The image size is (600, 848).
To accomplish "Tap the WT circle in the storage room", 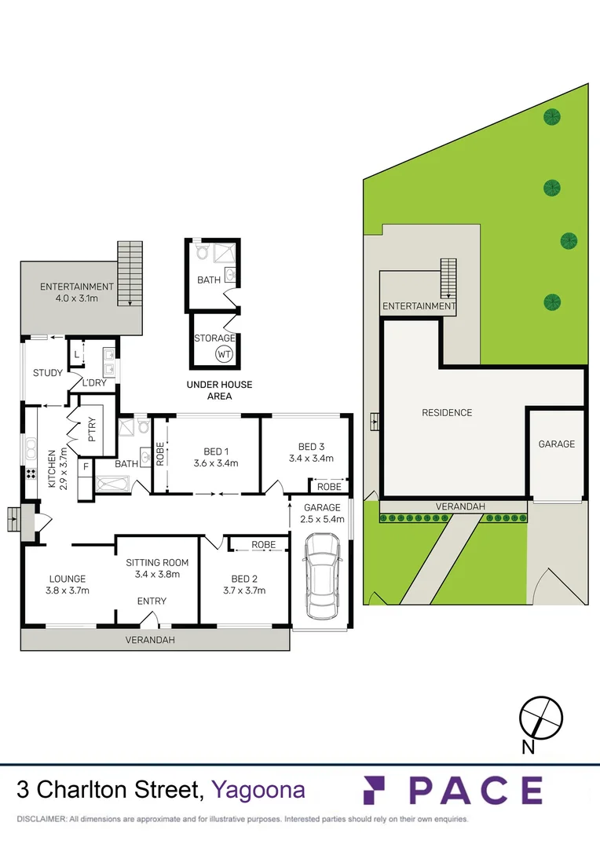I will tap(225, 354).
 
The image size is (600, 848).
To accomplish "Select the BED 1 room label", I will tap(216, 451).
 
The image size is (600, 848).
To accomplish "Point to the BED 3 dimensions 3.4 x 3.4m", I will tap(312, 458).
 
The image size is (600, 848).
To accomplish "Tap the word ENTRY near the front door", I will tap(152, 601).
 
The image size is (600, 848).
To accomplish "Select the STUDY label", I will tap(48, 373).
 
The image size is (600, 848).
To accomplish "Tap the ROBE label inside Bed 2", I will tap(263, 544).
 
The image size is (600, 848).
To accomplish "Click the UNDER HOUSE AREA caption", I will tap(219, 390).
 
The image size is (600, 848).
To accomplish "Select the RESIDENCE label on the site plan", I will tap(447, 412).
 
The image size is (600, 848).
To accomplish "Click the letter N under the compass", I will tap(529, 747).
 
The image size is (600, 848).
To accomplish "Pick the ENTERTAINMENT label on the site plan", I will tap(418, 306).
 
